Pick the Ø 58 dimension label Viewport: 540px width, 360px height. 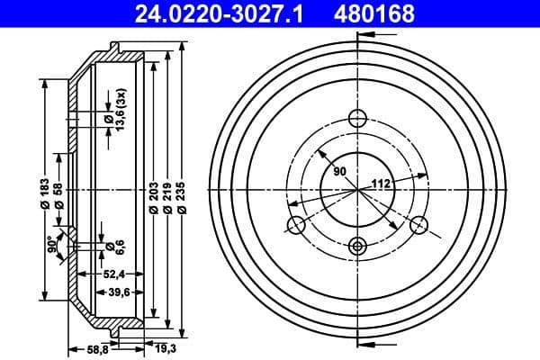click(x=58, y=193)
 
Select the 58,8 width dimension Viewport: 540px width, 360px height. click(x=97, y=349)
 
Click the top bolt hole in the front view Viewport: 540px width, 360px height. click(x=357, y=117)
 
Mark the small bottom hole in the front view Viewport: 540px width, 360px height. click(x=357, y=245)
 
